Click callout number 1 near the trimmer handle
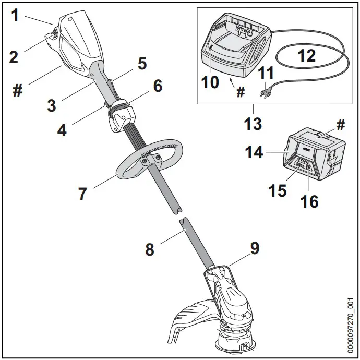point(15,15)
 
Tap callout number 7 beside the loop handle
point(82,194)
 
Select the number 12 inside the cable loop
point(306,55)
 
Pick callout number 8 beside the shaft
point(150,249)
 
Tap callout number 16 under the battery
point(310,201)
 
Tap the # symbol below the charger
point(241,92)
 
